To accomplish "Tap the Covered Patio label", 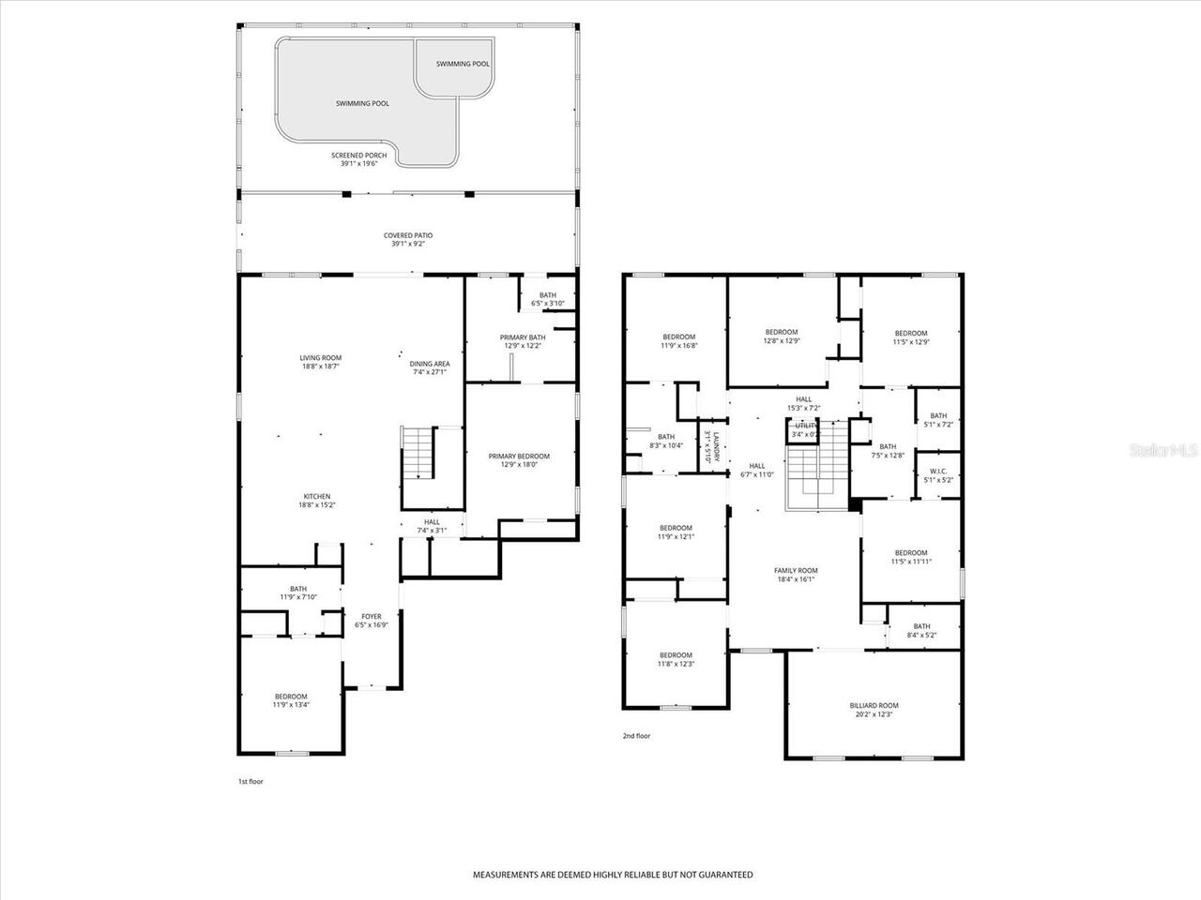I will [408, 235].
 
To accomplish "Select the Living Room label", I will [321, 357].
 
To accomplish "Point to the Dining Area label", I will [429, 364].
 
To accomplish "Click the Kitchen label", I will [316, 497].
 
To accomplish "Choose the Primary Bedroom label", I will [519, 457].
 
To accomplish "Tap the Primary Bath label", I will [523, 337].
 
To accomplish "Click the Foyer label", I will [372, 617].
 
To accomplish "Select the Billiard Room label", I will [874, 705].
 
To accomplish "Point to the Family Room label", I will [796, 570].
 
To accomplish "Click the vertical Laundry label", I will [715, 446].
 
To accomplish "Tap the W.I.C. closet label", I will [938, 472].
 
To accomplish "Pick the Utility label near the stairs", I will [805, 426].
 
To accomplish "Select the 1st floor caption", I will [251, 781].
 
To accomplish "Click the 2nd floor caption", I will [636, 736].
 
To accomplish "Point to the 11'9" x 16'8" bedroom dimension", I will [678, 345].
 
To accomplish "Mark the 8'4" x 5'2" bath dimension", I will [921, 635].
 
